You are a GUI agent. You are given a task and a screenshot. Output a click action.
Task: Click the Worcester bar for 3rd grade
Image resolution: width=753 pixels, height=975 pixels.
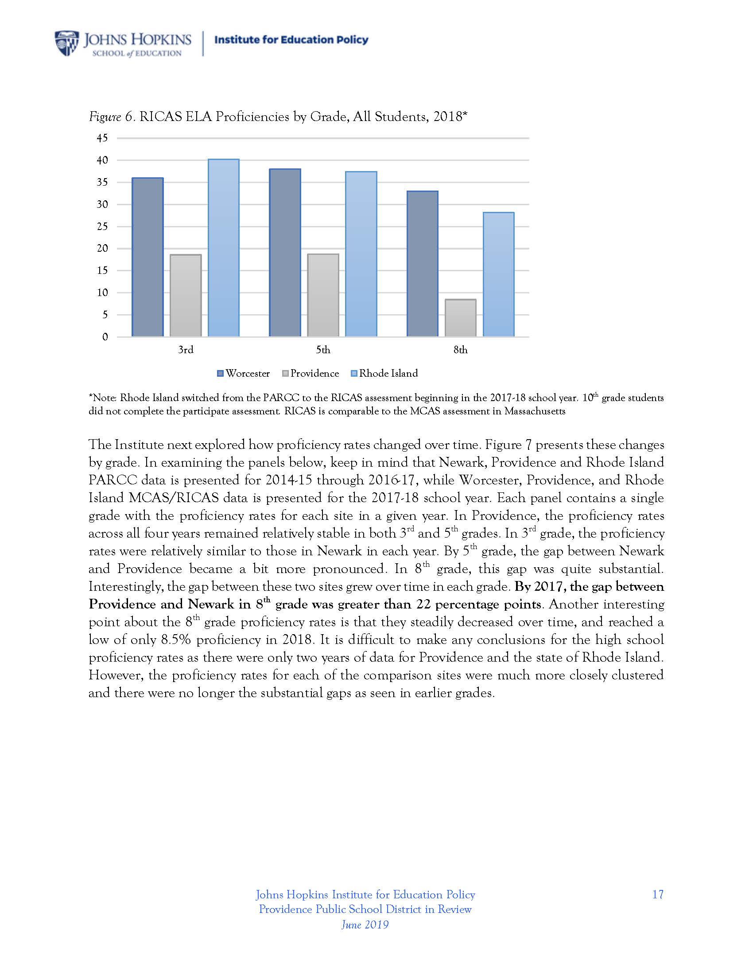click(x=147, y=257)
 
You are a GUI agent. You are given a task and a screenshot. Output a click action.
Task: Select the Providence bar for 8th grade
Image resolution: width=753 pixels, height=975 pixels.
click(x=460, y=317)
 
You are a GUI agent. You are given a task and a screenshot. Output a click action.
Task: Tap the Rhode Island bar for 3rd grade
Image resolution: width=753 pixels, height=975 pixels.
click(x=224, y=247)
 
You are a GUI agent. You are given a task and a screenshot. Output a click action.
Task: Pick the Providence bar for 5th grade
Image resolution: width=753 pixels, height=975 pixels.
click(x=323, y=295)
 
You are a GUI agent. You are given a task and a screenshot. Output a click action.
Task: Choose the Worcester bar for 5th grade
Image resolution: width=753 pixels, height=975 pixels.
click(x=285, y=252)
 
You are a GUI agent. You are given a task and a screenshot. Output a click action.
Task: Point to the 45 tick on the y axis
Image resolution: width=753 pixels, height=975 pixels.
click(x=102, y=138)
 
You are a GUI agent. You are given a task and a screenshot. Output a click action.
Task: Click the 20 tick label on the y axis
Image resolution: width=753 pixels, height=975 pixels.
click(x=102, y=249)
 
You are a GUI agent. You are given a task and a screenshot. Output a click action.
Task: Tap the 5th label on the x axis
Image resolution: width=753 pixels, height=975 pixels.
click(x=323, y=350)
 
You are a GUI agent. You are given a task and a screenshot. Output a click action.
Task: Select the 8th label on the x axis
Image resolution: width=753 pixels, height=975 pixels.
click(x=460, y=350)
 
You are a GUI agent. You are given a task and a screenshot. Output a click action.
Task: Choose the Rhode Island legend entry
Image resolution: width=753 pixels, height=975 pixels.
click(x=384, y=374)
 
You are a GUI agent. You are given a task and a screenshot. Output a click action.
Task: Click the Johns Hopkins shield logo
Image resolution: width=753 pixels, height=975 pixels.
click(x=66, y=43)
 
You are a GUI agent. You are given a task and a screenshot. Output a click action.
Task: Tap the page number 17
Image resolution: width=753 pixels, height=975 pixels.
click(x=657, y=895)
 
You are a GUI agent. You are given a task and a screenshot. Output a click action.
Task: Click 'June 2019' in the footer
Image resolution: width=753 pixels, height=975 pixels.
click(x=365, y=924)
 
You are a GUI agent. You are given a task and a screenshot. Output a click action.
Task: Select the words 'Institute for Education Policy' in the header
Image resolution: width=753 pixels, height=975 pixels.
click(x=291, y=40)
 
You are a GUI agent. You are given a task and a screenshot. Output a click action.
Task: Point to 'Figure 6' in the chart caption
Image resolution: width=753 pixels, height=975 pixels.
click(x=111, y=117)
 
